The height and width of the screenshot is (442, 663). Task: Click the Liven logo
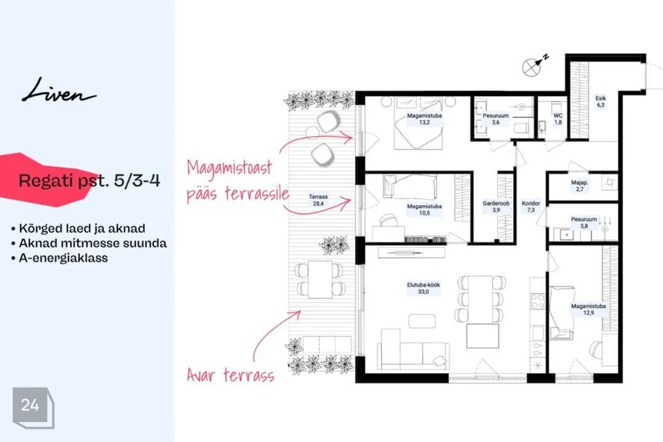point(59,90)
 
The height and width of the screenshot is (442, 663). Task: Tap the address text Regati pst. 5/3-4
point(89,181)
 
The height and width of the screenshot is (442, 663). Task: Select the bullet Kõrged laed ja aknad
point(78,229)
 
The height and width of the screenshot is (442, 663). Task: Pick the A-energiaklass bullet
point(59,258)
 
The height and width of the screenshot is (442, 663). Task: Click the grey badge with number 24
point(32,407)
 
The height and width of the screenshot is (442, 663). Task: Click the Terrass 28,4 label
point(318,200)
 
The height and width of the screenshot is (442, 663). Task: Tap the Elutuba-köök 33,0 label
point(423,288)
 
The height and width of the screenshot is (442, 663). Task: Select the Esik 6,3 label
point(600,102)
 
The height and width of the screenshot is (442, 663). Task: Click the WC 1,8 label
point(558,119)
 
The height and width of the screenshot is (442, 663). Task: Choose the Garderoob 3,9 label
point(496,206)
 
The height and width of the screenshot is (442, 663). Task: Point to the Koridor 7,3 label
point(530,206)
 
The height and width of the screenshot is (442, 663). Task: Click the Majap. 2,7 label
point(579,186)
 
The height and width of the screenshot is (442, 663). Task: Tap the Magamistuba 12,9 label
point(588,309)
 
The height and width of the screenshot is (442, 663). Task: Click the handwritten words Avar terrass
point(231,375)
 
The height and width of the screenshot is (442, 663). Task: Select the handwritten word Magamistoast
point(229,169)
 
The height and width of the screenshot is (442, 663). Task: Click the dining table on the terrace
point(320,279)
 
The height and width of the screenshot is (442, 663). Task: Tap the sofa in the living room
point(414,349)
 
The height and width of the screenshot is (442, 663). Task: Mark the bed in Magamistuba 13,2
point(419,123)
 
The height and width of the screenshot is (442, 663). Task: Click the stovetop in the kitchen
point(538,302)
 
